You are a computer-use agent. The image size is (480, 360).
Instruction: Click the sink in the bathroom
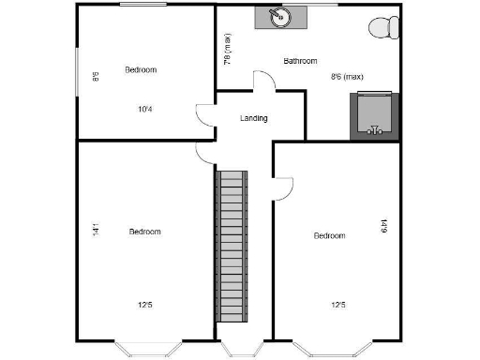(x=277, y=17)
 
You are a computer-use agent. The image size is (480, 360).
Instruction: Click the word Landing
(x=254, y=118)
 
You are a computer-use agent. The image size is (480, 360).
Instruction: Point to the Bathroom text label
(x=300, y=61)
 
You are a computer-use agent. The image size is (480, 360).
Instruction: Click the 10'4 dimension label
(x=145, y=109)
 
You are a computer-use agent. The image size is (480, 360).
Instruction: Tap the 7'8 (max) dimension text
(x=227, y=50)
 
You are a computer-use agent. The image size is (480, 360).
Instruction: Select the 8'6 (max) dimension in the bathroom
(x=347, y=77)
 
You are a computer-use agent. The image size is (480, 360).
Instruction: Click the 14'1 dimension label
(x=96, y=229)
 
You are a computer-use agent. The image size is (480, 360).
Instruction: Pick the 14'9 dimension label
(x=384, y=226)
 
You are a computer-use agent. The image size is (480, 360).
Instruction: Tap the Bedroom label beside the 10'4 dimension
(x=141, y=69)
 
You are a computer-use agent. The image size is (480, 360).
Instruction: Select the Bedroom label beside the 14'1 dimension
(x=145, y=232)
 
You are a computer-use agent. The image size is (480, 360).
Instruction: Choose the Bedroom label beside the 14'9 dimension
(x=329, y=235)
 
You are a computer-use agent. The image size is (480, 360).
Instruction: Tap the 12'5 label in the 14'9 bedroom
(x=338, y=304)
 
